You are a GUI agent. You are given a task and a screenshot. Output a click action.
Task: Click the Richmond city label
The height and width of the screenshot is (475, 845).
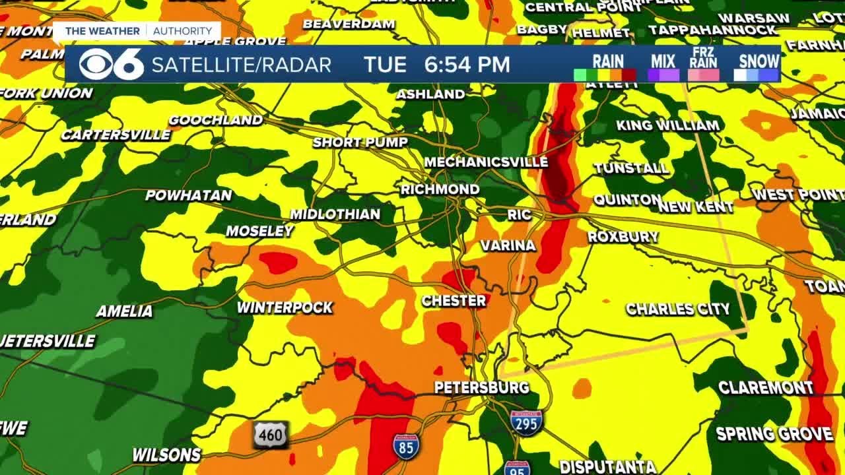point(440,189)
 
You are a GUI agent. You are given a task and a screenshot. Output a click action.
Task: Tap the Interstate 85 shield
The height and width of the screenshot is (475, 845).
point(405,446)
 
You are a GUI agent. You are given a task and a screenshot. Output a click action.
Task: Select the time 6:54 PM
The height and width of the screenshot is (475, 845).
point(467,65)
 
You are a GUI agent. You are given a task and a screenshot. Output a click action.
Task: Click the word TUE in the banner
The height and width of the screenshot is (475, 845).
point(385,65)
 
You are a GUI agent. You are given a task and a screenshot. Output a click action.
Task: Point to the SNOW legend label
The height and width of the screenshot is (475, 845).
point(759,61)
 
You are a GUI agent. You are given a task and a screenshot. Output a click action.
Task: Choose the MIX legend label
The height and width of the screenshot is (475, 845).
point(663,61)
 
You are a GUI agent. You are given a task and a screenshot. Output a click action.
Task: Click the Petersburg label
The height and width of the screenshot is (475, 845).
point(482,387)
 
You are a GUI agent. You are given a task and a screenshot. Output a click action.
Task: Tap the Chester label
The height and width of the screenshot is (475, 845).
point(454,301)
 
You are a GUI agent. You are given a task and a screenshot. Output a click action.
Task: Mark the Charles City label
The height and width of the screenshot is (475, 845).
point(678,309)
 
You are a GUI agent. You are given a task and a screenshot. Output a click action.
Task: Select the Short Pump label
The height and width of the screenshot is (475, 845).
point(360,142)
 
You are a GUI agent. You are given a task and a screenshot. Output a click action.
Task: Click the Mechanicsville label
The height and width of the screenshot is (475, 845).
point(486,162)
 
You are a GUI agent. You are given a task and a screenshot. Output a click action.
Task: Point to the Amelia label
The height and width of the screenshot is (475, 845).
point(124,311)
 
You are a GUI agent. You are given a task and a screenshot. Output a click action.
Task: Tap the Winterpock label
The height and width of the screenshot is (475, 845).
point(285,307)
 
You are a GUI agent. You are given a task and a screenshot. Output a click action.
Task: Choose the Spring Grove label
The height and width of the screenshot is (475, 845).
point(774,434)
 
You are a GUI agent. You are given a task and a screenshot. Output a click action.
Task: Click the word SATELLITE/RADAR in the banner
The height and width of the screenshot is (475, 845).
point(242,65)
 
